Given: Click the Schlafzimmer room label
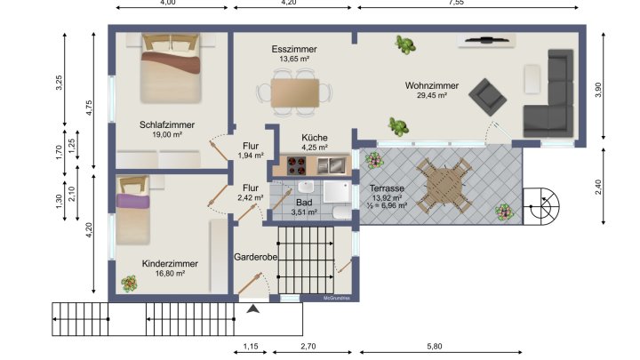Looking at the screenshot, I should click(x=166, y=124).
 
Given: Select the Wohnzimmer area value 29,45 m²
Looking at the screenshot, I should click(x=431, y=95).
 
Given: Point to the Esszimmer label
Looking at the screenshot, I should click(x=294, y=49).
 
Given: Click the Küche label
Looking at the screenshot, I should click(x=315, y=138).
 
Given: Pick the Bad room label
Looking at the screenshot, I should click(x=304, y=203).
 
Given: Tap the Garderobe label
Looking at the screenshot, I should click(x=256, y=257).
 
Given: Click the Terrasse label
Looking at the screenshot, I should click(x=388, y=189).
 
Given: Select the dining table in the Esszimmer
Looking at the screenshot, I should click(x=294, y=92).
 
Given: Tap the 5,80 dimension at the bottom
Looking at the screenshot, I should click(x=436, y=345).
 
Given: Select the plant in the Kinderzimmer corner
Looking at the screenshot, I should click(x=130, y=284).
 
